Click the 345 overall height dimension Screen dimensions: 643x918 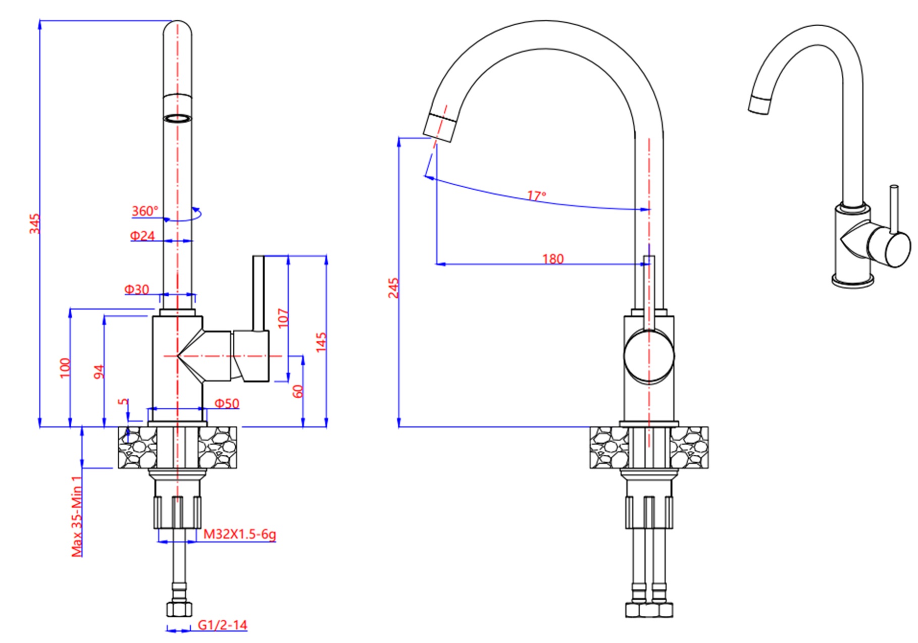click(x=34, y=224)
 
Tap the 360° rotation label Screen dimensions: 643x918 click(x=145, y=211)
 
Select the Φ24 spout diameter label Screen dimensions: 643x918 click(x=142, y=236)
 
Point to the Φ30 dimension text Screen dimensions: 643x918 click(x=137, y=289)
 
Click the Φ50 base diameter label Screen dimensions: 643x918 click(x=227, y=403)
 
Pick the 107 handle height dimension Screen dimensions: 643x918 click(x=283, y=318)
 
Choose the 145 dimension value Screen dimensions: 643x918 click(x=321, y=342)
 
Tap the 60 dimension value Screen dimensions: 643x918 click(x=297, y=391)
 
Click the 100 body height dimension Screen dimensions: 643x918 click(x=65, y=368)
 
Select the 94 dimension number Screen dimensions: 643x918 click(x=99, y=371)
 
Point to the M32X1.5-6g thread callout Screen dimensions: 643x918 click(x=239, y=534)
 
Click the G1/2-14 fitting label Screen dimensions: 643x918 click(x=222, y=625)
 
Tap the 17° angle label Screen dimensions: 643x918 click(x=536, y=195)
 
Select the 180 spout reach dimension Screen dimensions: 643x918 click(x=553, y=259)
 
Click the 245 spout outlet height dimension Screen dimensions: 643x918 click(x=393, y=288)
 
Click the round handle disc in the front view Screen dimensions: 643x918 click(x=649, y=355)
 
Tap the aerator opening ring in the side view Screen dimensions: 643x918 click(x=178, y=119)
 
